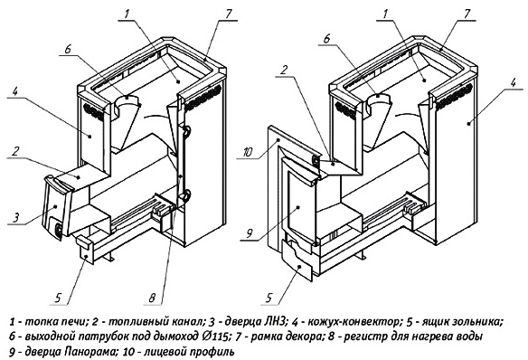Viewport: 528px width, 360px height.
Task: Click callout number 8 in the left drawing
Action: tap(152, 298)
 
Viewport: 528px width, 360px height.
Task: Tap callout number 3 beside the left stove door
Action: tap(16, 218)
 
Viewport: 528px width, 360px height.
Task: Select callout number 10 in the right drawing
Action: tap(247, 153)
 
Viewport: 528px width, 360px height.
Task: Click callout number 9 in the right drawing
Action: tap(250, 233)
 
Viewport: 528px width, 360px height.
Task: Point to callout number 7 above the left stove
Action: tap(229, 14)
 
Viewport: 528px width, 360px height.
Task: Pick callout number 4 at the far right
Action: tap(513, 82)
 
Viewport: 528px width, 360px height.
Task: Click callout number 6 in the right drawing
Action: tap(326, 38)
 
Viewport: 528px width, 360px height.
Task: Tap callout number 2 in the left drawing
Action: tap(15, 151)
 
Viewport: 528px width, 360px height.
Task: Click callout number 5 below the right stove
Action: tap(269, 298)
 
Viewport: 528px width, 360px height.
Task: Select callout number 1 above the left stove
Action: tap(127, 14)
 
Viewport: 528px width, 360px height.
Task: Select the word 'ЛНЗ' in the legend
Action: tap(273, 322)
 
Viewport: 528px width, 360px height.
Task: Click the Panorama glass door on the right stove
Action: tap(299, 205)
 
